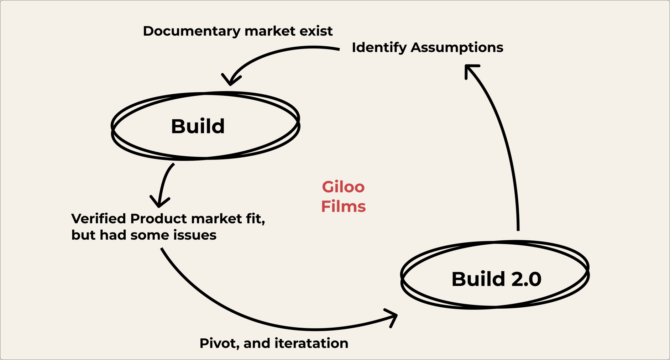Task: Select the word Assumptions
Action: (457, 48)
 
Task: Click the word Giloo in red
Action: (343, 187)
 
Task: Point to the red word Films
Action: (344, 207)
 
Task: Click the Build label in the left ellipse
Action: (198, 126)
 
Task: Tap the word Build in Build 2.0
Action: (479, 279)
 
